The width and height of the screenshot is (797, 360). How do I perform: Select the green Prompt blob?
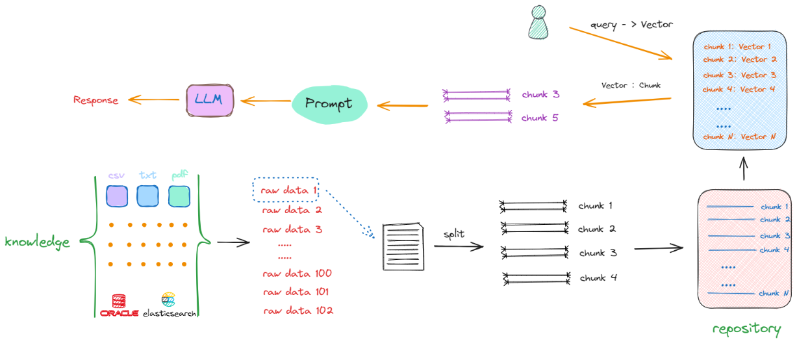[329, 103]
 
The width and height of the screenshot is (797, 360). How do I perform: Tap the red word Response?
[95, 100]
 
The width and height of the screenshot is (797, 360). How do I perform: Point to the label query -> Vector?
[631, 25]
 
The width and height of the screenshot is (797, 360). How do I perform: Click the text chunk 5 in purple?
[540, 118]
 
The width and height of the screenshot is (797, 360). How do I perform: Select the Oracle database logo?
[119, 305]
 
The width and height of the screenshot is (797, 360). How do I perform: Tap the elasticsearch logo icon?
[168, 300]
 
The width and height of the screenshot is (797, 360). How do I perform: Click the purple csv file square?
[116, 196]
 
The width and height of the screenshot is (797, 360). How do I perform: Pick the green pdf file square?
[179, 196]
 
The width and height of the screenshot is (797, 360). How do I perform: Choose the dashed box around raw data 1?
[285, 190]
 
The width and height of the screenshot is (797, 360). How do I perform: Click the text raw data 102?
[298, 311]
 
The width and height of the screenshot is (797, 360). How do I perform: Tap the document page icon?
[403, 247]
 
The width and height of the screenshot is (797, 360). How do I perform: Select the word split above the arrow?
[454, 234]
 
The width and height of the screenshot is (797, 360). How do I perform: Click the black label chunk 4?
[598, 277]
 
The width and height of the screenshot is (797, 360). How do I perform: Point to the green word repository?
[746, 329]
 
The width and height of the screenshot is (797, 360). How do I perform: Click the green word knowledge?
[37, 242]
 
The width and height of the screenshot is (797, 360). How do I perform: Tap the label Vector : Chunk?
[631, 85]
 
